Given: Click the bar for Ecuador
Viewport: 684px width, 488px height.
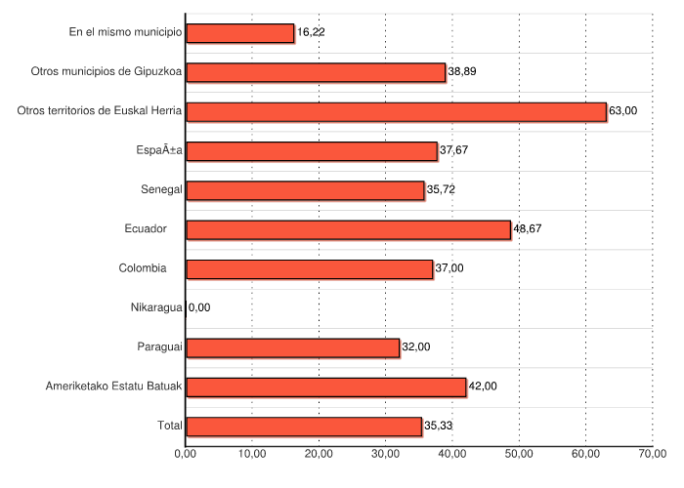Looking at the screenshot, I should coord(348,229).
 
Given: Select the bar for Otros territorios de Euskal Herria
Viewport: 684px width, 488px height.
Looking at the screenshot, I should coord(396,111).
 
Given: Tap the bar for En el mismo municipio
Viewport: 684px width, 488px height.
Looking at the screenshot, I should coord(239,33).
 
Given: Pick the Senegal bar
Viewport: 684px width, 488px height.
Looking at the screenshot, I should coord(305,190).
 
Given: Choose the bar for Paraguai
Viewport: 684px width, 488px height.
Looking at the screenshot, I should coord(292,347).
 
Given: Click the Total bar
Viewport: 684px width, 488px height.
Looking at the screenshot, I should coord(303,427).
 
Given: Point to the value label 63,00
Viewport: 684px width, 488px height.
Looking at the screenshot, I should coord(622,111).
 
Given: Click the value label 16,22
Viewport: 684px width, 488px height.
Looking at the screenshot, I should coord(311,32).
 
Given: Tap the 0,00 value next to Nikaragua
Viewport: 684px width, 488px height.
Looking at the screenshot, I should coord(198,307).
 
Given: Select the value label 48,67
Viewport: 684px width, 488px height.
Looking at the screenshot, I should coord(528,229).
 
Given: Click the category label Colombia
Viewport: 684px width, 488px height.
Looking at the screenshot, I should coord(143,268).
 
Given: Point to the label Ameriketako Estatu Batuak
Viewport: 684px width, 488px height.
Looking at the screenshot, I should coord(114,386).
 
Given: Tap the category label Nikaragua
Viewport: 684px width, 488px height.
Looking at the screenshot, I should coord(156,307).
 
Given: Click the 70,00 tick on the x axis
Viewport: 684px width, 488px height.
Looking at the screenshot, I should coord(653,454).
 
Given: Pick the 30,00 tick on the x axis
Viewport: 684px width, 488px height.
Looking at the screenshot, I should coord(386,454).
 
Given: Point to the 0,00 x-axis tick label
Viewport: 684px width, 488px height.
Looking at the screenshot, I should coord(186,454).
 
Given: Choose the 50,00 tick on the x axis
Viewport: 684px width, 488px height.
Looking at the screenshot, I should coord(519,454).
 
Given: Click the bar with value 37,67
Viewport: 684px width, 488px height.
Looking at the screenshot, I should coord(311,151).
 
